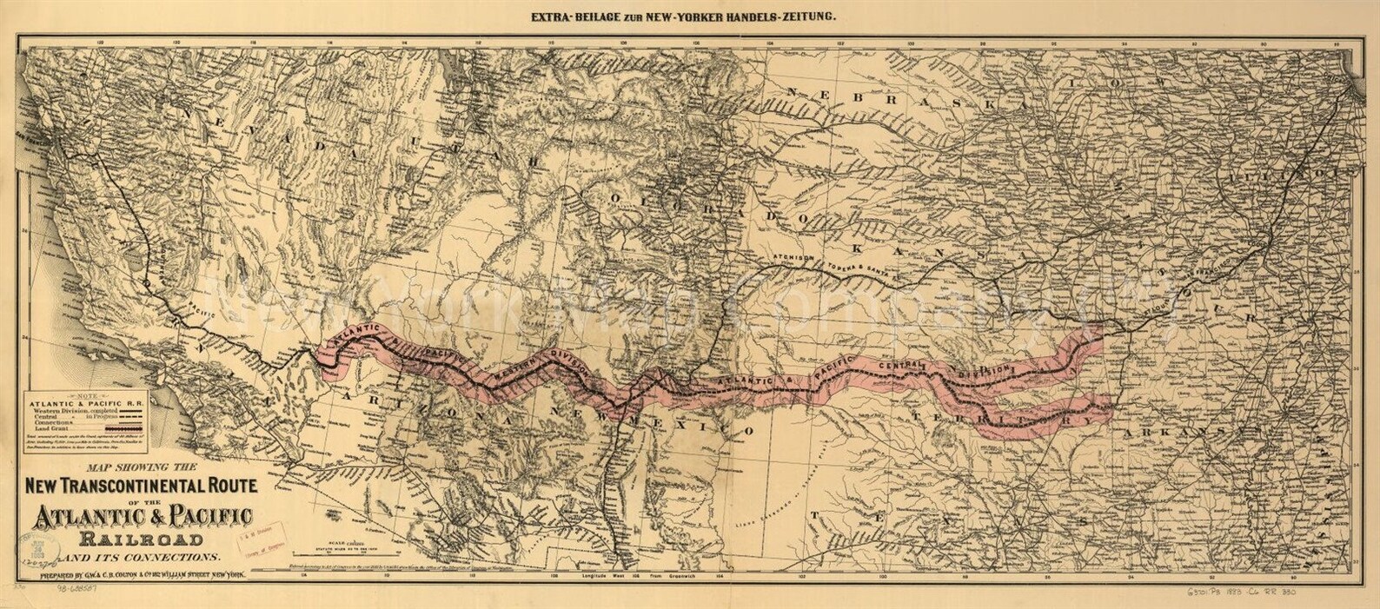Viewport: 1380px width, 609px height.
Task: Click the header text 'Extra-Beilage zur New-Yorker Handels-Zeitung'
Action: point(690,16)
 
